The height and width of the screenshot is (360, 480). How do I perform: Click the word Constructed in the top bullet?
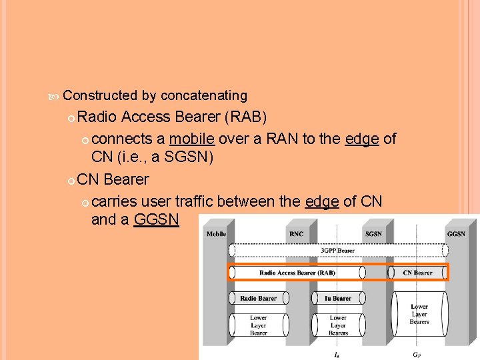tap(100, 96)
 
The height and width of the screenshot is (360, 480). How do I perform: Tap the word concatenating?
tap(204, 96)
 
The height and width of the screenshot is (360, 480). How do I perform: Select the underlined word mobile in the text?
tap(192, 139)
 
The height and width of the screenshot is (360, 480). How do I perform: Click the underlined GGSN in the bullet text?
tap(157, 219)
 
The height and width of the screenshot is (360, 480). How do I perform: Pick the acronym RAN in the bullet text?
tap(279, 139)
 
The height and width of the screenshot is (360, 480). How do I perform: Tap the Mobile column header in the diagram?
tap(216, 234)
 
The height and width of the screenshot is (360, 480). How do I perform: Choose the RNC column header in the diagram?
tap(297, 234)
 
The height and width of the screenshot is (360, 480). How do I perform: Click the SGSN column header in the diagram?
tap(373, 234)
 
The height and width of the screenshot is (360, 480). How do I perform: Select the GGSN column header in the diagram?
tap(456, 234)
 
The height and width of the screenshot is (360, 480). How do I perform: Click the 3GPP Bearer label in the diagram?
tap(338, 251)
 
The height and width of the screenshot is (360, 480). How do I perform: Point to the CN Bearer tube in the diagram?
tap(418, 272)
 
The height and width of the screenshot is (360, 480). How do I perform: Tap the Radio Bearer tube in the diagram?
tap(258, 298)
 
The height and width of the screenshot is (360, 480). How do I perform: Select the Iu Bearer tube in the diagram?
tap(338, 298)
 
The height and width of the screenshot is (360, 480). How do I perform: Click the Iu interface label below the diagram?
tap(337, 355)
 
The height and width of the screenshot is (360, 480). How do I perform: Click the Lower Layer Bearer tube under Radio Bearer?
tap(258, 325)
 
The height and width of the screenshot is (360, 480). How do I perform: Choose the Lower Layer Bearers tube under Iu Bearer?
tap(338, 325)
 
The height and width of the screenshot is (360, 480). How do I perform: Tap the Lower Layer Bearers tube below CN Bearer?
tap(419, 314)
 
